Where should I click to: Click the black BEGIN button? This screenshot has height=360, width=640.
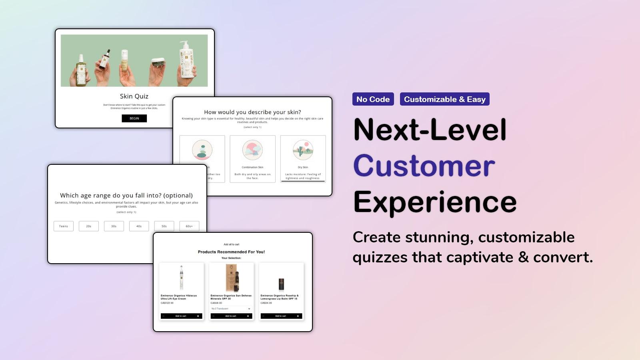click(x=134, y=118)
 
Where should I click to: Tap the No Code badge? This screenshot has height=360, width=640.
click(x=373, y=99)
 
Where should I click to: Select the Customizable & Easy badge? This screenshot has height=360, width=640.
click(x=444, y=99)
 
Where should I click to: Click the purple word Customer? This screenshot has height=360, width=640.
click(x=424, y=166)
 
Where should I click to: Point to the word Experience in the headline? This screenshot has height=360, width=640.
click(x=435, y=202)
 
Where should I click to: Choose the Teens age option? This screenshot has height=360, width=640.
click(x=64, y=226)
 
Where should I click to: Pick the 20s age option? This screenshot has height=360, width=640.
click(x=89, y=226)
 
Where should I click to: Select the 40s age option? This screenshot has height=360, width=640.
click(x=139, y=226)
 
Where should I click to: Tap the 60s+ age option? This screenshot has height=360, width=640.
click(x=189, y=226)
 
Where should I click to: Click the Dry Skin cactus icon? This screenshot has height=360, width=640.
click(x=303, y=150)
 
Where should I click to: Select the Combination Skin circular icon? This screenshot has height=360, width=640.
click(x=252, y=150)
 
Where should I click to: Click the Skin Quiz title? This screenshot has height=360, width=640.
click(x=134, y=96)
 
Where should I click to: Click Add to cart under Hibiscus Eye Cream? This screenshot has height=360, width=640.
click(x=181, y=316)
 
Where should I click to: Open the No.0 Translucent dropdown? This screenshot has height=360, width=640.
click(x=231, y=309)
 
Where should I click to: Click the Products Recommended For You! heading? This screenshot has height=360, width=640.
click(x=231, y=252)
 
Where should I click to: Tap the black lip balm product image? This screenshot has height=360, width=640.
click(x=281, y=284)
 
